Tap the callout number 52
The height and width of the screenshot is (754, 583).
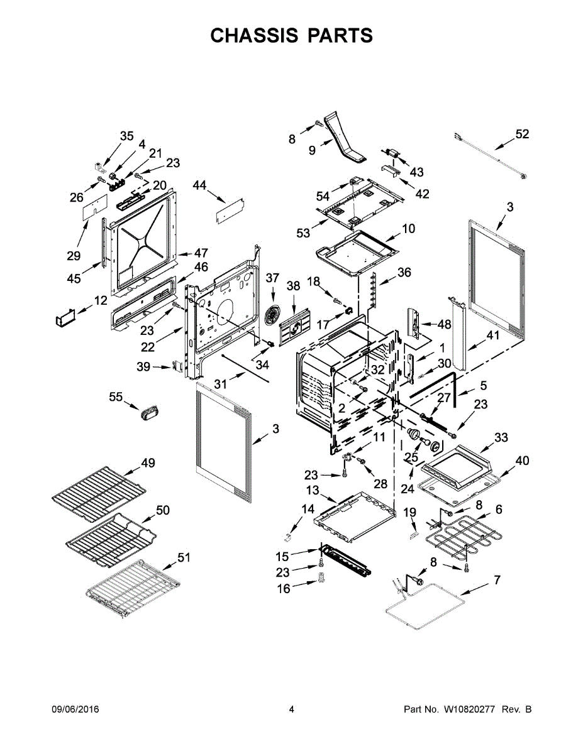[522, 134]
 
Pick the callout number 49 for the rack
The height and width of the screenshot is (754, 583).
[148, 463]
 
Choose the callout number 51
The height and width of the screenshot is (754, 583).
[184, 557]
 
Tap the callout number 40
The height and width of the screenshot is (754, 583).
[522, 461]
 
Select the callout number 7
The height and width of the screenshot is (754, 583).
[497, 580]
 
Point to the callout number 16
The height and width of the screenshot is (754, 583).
[284, 589]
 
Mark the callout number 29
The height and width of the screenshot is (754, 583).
[74, 256]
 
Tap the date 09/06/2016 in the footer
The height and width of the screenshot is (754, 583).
[75, 709]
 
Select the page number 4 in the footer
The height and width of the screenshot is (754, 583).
[291, 709]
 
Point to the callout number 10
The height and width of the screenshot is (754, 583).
[409, 229]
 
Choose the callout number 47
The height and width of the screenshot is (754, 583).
[201, 253]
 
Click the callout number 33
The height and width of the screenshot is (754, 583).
[501, 437]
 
